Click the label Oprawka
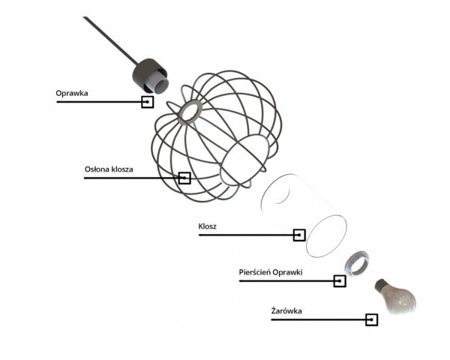[x=72, y=94]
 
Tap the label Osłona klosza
[x=109, y=169]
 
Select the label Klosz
[x=207, y=226]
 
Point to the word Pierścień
[x=254, y=272]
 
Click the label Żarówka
[x=286, y=310]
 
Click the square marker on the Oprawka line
[x=148, y=102]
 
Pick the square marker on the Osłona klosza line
[x=184, y=178]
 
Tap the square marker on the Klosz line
[x=299, y=235]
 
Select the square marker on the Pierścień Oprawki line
[x=340, y=281]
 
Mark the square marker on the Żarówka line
[x=372, y=319]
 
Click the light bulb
[x=396, y=296]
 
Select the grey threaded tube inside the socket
[x=158, y=84]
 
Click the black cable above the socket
[x=111, y=40]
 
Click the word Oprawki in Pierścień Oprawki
[x=287, y=272]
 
